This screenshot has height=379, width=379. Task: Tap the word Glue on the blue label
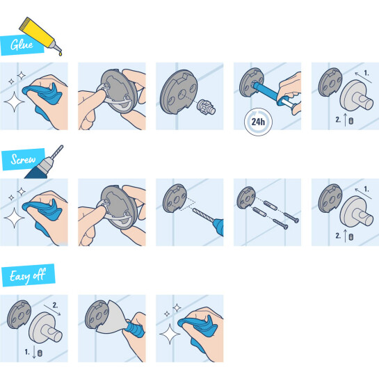click(22, 45)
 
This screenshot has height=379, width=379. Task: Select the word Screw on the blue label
click(23, 159)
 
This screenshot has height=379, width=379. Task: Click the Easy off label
click(29, 275)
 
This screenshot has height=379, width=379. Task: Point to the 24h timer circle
click(258, 122)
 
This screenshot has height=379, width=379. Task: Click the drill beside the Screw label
click(44, 163)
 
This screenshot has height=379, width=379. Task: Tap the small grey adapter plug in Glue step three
click(206, 107)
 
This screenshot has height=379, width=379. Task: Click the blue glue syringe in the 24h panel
click(275, 96)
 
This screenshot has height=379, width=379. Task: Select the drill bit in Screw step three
click(203, 215)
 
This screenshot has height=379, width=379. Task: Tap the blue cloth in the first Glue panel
click(42, 96)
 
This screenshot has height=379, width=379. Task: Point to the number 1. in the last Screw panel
click(366, 189)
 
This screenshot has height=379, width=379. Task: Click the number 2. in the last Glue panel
click(338, 120)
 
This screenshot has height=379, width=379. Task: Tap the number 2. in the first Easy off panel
click(55, 305)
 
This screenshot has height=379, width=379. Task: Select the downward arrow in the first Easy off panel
click(34, 352)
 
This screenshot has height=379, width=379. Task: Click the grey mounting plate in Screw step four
click(246, 197)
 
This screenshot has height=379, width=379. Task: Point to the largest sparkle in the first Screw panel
click(14, 218)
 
